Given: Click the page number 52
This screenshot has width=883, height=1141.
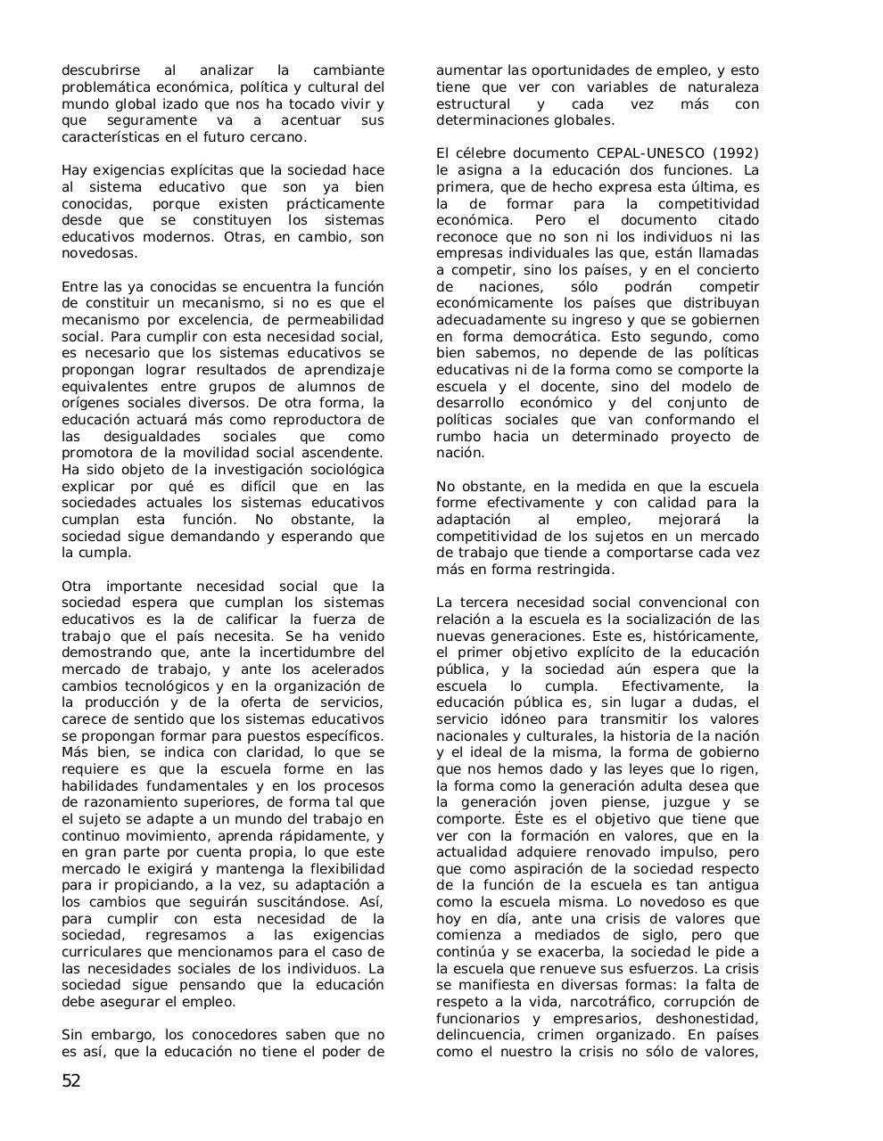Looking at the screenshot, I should pos(71,1081).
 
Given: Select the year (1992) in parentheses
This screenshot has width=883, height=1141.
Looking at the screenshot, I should pos(736,153).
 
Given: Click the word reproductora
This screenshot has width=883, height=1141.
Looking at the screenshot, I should pos(309,420).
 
